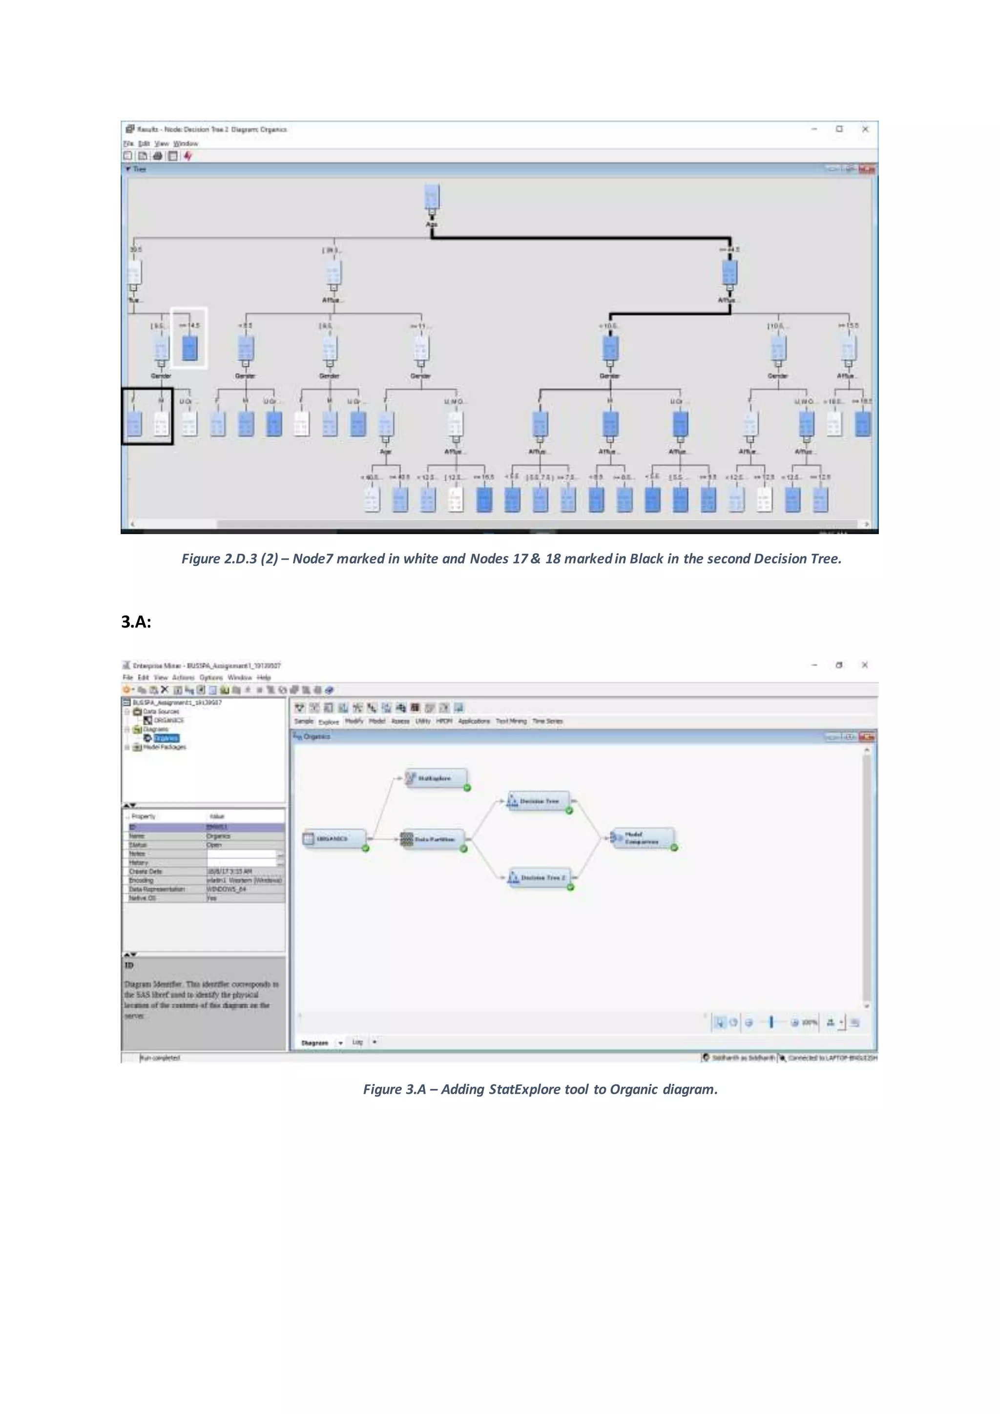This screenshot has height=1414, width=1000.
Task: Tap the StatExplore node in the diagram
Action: click(436, 778)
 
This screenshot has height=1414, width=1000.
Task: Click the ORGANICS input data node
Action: click(334, 839)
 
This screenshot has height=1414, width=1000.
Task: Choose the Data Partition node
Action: click(434, 839)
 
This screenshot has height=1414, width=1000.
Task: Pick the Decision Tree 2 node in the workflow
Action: click(540, 877)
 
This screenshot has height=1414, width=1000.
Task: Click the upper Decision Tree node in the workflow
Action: click(538, 801)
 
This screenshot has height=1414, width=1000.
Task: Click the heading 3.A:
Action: click(136, 622)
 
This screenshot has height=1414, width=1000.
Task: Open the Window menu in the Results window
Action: click(186, 144)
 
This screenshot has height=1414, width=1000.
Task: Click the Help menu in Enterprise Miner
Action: click(264, 677)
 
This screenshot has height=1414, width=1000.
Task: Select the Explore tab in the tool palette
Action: click(328, 722)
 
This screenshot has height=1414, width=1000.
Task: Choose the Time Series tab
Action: click(547, 721)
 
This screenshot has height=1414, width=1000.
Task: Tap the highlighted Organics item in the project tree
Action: click(166, 738)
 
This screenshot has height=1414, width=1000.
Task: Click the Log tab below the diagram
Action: click(357, 1042)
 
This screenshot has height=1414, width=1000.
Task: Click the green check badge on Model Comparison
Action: click(674, 848)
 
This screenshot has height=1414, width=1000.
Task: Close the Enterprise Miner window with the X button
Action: click(865, 665)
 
